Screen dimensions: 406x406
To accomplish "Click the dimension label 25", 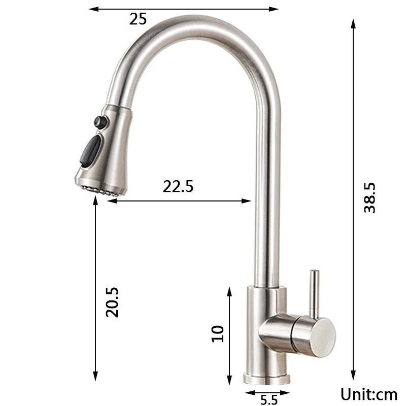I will click(x=138, y=19).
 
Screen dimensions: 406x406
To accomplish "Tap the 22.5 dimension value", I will click(x=178, y=186).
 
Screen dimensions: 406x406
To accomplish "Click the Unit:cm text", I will click(x=368, y=394).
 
